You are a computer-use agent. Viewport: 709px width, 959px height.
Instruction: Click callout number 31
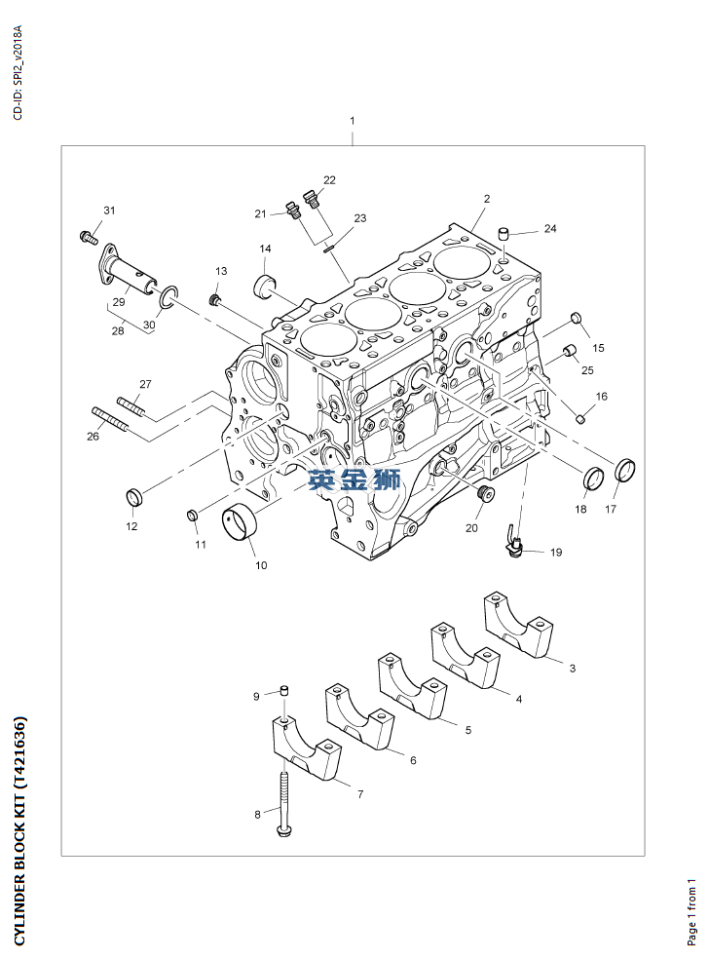(x=109, y=211)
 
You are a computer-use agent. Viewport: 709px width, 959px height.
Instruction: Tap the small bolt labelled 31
(x=88, y=235)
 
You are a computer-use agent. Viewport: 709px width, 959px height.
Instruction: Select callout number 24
(x=550, y=229)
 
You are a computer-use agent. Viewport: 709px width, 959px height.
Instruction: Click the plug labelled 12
(x=135, y=499)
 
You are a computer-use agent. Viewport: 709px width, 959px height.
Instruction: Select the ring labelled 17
(x=626, y=471)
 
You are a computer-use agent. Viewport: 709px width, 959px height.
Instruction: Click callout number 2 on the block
(x=486, y=199)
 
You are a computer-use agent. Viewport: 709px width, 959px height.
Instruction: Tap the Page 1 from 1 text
(x=691, y=911)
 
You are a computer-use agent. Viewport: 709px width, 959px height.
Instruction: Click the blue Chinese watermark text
(x=354, y=479)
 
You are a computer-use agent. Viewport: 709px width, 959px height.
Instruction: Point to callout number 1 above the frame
(x=353, y=121)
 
